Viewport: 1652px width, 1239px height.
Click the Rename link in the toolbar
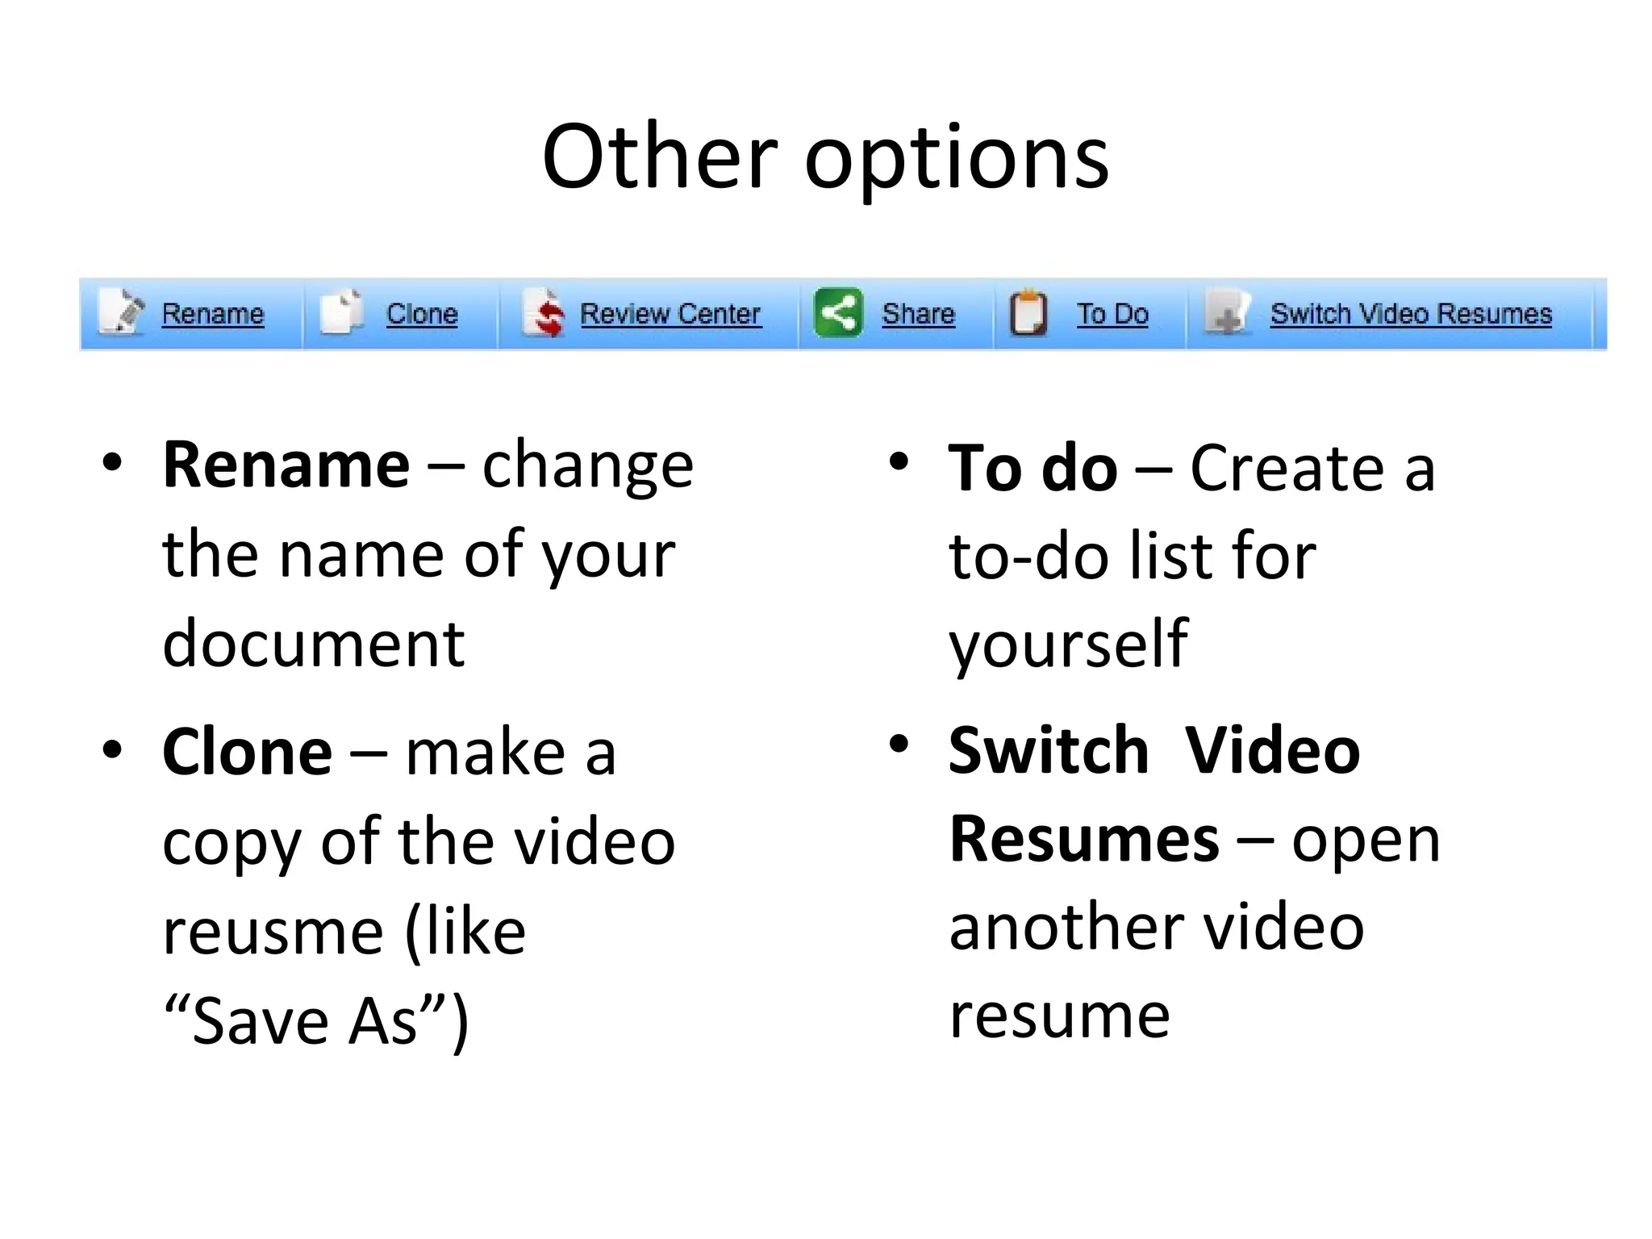click(212, 314)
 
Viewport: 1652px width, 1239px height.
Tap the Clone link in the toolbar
click(421, 314)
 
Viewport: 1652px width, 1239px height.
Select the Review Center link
click(670, 314)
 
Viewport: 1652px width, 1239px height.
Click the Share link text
click(918, 314)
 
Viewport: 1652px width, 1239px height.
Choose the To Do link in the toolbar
click(1112, 314)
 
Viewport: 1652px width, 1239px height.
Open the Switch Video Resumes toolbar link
click(1411, 314)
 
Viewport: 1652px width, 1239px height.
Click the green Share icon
click(838, 312)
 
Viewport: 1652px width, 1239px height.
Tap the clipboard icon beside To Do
click(1028, 313)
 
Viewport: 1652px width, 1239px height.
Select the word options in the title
click(957, 159)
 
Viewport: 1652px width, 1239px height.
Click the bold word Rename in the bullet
click(286, 465)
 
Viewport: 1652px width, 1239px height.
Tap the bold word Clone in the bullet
click(247, 753)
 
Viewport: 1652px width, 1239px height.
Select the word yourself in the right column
click(1067, 645)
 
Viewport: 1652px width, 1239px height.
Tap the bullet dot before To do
click(899, 462)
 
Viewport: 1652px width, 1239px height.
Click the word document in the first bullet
click(313, 645)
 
